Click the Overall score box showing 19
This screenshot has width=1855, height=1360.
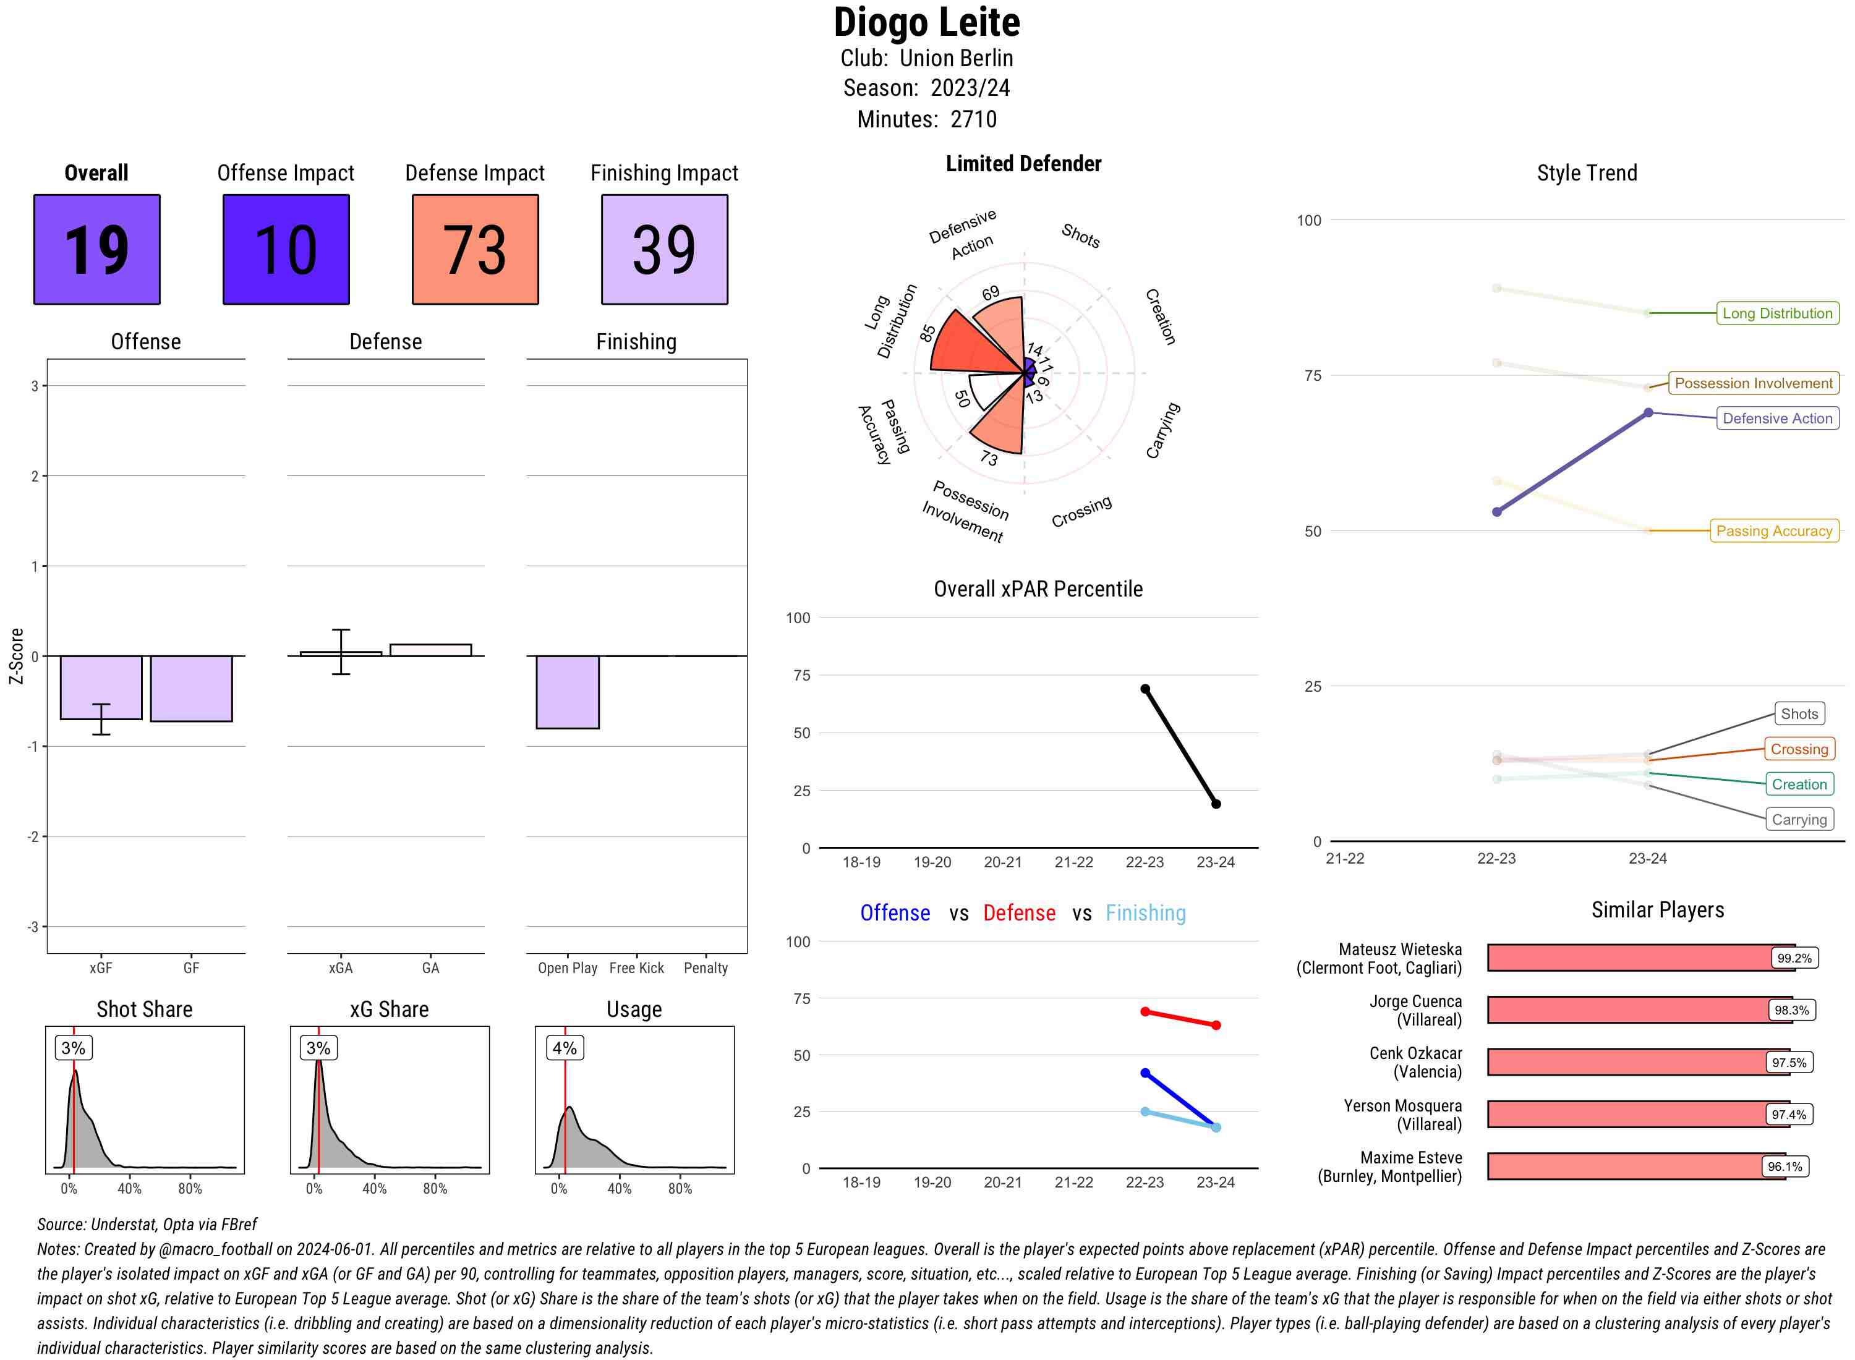coord(96,250)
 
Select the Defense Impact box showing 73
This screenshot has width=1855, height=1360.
coord(475,250)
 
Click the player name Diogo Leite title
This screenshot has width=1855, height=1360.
coord(926,23)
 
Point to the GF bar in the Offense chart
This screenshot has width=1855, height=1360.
coord(191,688)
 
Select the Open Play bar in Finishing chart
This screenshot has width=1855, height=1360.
coord(567,692)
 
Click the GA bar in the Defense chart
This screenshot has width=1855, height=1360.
coord(430,650)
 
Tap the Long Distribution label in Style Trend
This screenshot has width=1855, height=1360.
coord(1777,313)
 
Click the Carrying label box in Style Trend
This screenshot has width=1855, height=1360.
coord(1799,819)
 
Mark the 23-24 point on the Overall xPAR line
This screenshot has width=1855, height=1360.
coord(1215,804)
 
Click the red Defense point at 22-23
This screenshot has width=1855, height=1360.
coord(1145,1011)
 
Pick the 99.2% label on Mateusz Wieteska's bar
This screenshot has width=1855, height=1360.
coord(1793,958)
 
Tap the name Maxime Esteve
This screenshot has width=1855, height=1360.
coord(1410,1157)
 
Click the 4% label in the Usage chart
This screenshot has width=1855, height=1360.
coord(564,1048)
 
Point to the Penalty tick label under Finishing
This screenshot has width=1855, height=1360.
coord(706,968)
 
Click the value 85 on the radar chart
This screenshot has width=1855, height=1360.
coord(928,333)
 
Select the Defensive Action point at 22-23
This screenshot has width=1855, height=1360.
coord(1496,512)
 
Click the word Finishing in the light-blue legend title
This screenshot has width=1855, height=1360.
coord(1145,913)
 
